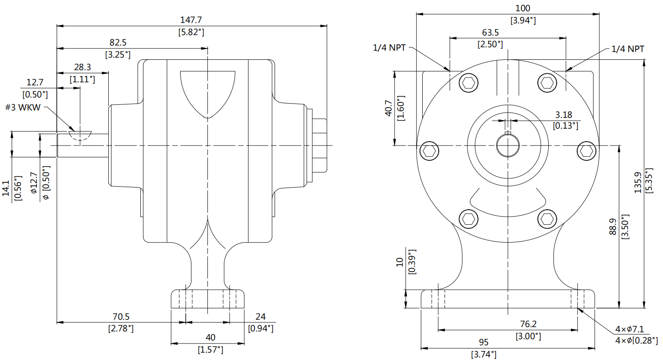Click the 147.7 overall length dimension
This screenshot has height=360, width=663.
point(191,20)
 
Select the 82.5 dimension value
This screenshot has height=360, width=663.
point(118,42)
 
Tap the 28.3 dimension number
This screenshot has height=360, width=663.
point(82,67)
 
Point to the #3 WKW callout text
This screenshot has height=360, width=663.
point(23,107)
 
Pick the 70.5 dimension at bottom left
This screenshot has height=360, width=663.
point(121,317)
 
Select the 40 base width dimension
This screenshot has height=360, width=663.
point(210,337)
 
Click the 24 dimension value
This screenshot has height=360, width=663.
point(260,317)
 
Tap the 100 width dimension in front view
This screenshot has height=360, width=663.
point(523,8)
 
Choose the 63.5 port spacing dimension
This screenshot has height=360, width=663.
point(490,32)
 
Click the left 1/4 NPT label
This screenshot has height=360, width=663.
point(389,48)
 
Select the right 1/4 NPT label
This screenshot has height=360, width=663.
point(627,49)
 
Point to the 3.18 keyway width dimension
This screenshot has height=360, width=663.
point(564,115)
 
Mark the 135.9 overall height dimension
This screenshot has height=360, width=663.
point(638,182)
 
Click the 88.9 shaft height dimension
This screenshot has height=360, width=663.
point(613,227)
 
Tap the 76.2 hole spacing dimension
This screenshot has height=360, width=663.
point(528,324)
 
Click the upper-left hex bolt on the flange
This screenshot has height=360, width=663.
point(468,82)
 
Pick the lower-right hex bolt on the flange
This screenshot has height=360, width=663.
point(547,219)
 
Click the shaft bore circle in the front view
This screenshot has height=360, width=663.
point(508,146)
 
